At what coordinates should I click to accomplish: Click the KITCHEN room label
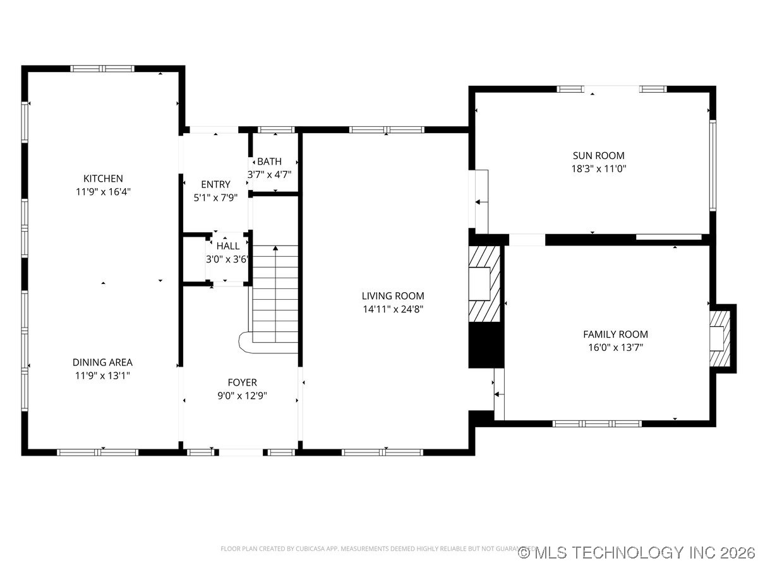click(x=103, y=179)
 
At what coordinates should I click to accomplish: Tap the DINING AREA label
click(x=102, y=362)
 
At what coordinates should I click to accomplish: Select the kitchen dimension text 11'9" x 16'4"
click(x=103, y=192)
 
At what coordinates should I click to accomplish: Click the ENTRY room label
click(x=215, y=184)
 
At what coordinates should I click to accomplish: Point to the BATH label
click(x=269, y=162)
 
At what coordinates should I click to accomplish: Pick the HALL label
click(x=228, y=246)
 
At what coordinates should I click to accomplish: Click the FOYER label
click(x=242, y=382)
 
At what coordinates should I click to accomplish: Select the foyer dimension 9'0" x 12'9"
click(x=242, y=396)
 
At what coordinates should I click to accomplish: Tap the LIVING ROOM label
click(x=393, y=295)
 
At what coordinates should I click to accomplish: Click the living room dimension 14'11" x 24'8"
click(x=393, y=309)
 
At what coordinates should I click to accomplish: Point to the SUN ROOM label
click(x=598, y=155)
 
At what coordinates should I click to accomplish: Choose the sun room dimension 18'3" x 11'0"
click(x=598, y=169)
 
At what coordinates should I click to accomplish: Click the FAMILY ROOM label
click(x=615, y=334)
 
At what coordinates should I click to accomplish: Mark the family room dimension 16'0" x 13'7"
click(x=615, y=348)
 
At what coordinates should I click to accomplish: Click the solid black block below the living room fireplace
click(x=484, y=345)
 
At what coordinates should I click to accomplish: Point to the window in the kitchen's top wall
click(x=102, y=69)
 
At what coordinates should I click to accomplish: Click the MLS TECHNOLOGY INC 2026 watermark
click(x=637, y=553)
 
